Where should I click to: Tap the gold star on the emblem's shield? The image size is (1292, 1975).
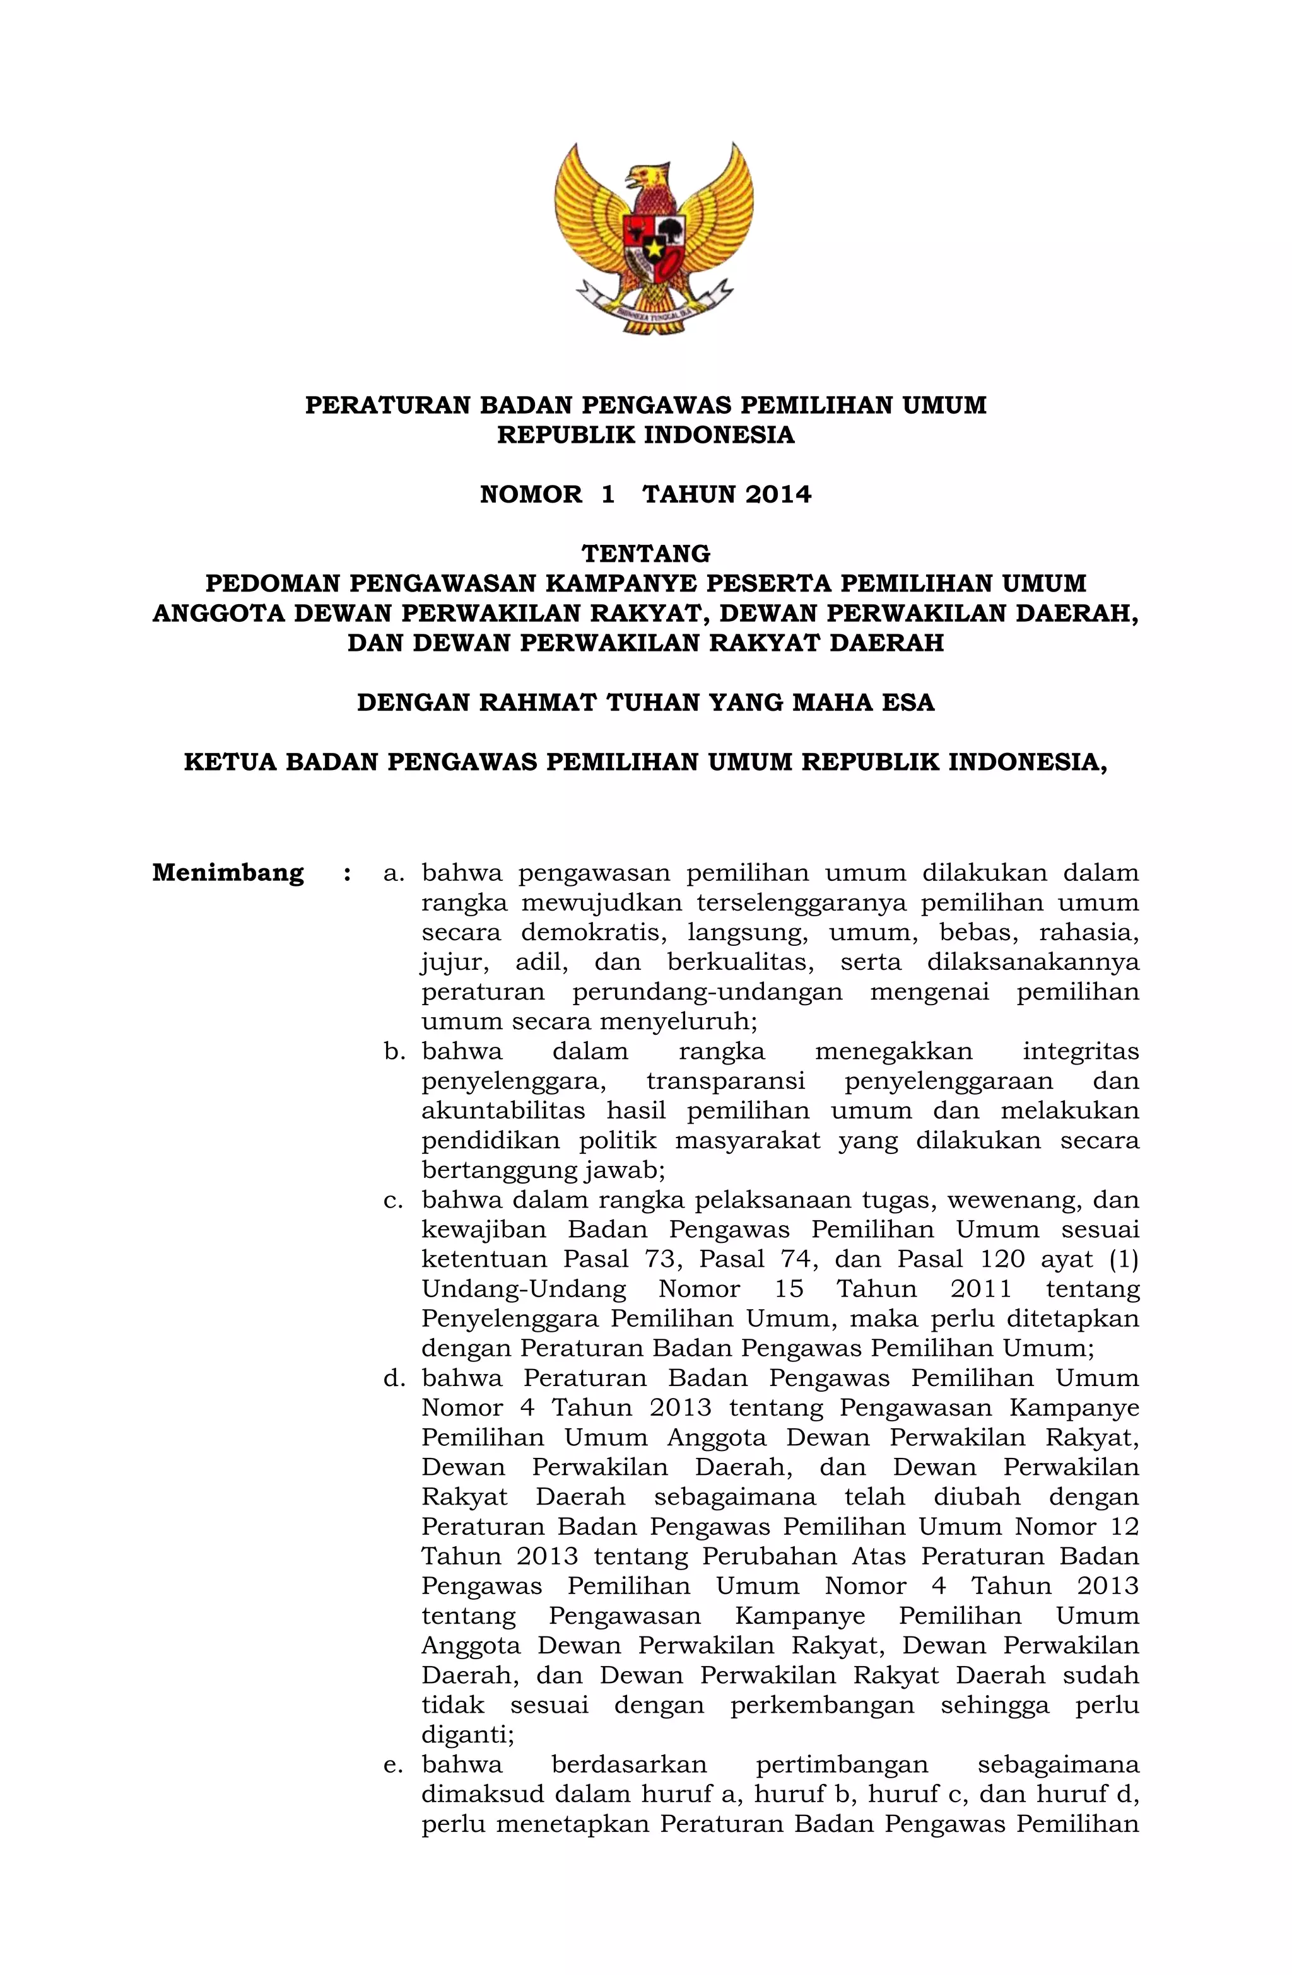[655, 247]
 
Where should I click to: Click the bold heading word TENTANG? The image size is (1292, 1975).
[645, 554]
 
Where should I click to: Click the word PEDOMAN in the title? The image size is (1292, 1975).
[273, 583]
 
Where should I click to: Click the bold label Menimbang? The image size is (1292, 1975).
[228, 873]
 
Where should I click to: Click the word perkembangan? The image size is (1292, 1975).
[822, 1705]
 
